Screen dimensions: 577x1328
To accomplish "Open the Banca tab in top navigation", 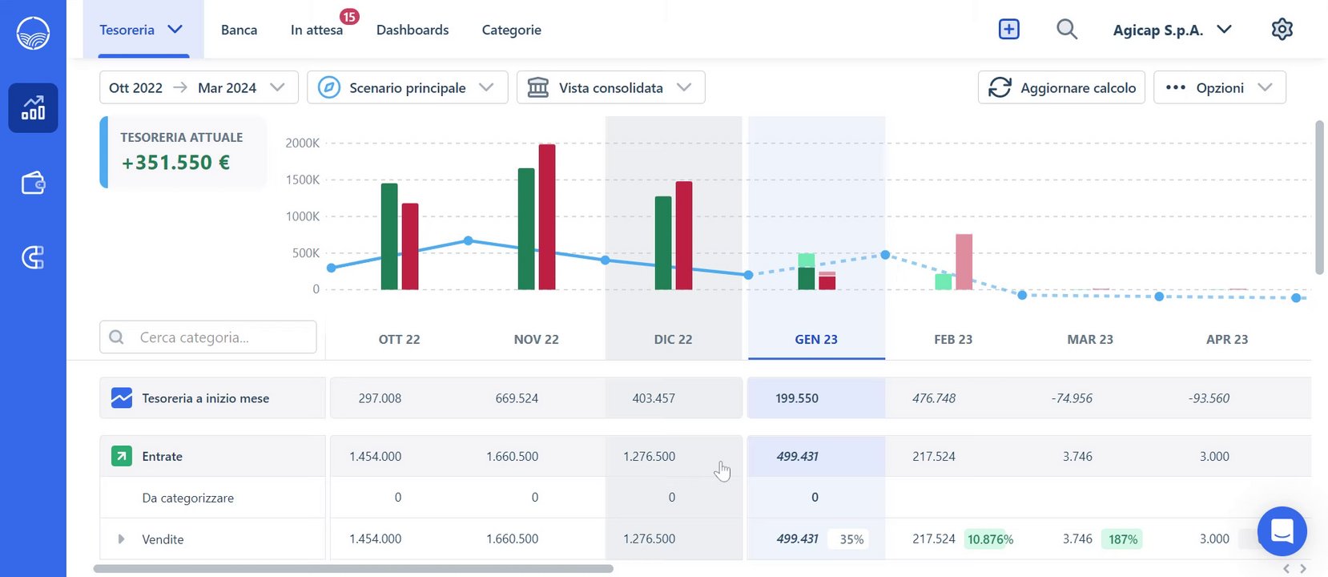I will [x=239, y=30].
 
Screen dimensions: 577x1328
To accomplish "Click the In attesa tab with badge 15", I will [x=317, y=30].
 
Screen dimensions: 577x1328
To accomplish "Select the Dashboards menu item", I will [x=412, y=30].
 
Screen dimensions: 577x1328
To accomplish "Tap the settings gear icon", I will [x=1282, y=30].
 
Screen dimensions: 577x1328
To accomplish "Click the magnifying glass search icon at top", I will [x=1066, y=30].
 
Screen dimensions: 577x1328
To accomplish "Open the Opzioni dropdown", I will [x=1219, y=87].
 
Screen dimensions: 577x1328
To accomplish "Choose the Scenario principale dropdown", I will [x=407, y=87].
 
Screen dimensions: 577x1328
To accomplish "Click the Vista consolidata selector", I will [x=610, y=87].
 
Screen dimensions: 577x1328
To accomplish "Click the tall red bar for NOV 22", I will [x=547, y=216].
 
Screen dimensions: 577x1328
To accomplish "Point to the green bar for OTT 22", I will [x=389, y=236].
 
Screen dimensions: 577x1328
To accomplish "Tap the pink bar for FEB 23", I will [x=964, y=261].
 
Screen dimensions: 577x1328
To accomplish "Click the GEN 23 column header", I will [x=816, y=339].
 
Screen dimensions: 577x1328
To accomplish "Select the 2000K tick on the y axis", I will [x=302, y=143].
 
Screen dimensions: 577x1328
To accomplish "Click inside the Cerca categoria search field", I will [x=216, y=337].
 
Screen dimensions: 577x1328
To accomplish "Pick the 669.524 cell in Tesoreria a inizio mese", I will [x=517, y=398].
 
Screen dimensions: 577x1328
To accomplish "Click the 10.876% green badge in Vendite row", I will [x=990, y=539].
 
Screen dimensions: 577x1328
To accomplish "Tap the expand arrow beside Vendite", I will [x=121, y=539].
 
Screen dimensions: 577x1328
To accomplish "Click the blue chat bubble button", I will [x=1282, y=531].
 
